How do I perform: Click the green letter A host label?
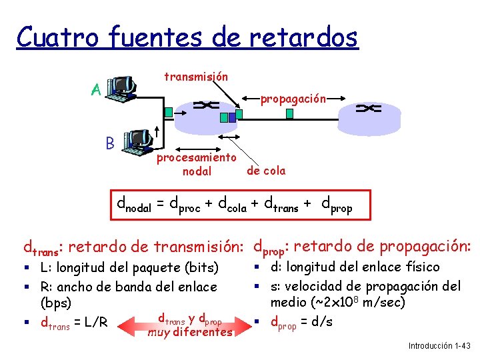[96, 90]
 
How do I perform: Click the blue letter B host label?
[110, 141]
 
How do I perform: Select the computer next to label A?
[122, 87]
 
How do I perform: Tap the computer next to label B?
[139, 139]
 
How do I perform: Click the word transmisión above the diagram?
[196, 77]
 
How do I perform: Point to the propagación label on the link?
[293, 99]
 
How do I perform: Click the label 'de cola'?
[265, 171]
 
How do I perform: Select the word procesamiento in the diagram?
[196, 158]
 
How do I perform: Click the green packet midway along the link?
[289, 113]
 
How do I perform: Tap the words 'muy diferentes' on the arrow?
[190, 331]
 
